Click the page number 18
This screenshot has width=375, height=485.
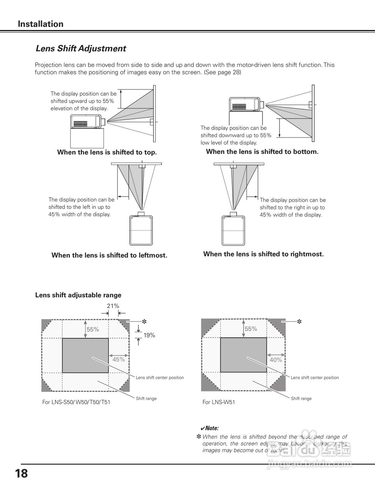(22, 473)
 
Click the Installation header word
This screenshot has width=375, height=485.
(41, 24)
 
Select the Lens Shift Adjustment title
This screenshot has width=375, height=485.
(80, 48)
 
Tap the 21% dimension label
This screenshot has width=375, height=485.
(113, 306)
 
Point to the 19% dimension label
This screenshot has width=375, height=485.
(149, 335)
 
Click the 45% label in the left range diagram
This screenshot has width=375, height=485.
(119, 359)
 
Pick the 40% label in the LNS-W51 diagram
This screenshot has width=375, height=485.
(276, 360)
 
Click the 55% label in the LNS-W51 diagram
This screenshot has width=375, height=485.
(251, 329)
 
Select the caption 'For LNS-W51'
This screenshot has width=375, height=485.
(218, 402)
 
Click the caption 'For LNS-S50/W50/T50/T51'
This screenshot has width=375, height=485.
(76, 402)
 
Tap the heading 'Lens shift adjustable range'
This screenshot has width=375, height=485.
(78, 295)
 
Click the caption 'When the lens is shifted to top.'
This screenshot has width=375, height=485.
(107, 152)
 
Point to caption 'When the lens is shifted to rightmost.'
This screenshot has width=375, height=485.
(264, 254)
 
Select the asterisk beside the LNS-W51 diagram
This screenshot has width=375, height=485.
(299, 322)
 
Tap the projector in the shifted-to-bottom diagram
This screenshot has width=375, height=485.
(245, 103)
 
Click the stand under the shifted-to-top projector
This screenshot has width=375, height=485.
(87, 138)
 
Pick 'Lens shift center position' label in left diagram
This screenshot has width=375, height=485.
(160, 377)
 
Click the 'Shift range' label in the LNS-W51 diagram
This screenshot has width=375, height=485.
(301, 398)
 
